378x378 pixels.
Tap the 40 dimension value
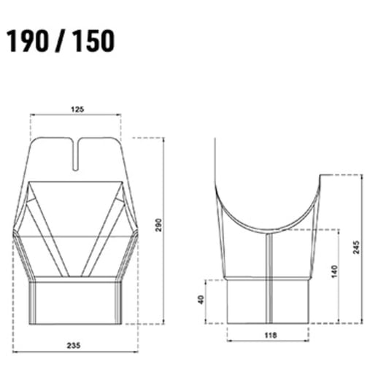coord(201,300)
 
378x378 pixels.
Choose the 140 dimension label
coord(332,274)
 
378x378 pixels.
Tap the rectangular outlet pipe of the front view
coord(77,301)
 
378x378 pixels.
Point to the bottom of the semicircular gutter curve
coord(267,225)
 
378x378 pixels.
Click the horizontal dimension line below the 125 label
coord(77,115)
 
